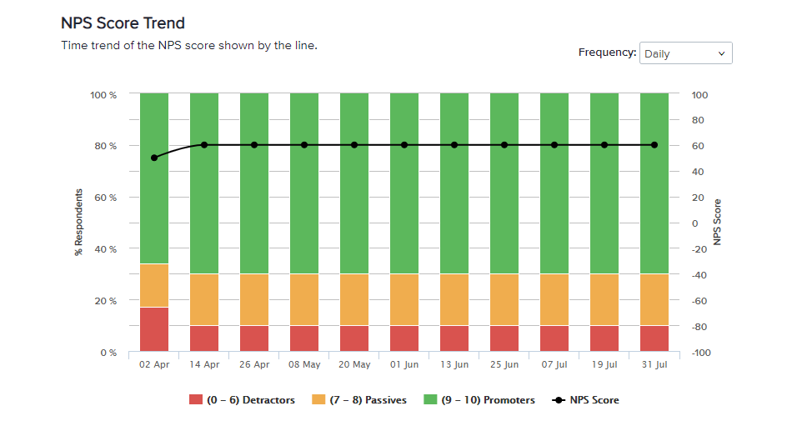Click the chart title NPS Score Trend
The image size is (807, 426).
pos(123,23)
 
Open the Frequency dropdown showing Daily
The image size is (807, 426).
pos(685,53)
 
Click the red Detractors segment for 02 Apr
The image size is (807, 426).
pos(154,329)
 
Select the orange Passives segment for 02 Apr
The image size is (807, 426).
pos(154,285)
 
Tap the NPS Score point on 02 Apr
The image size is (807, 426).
pos(154,158)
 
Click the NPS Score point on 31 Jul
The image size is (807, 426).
pos(654,145)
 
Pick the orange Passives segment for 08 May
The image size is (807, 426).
pos(304,299)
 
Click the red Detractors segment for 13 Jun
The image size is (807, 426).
pos(454,338)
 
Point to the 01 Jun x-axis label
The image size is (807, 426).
pos(404,364)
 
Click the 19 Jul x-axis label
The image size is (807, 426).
pos(604,364)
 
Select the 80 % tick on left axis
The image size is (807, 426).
pos(103,146)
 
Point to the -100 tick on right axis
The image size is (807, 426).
pos(699,353)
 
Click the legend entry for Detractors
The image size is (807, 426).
pos(243,400)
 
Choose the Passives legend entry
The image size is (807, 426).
pos(359,400)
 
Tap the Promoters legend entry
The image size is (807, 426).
pos(479,400)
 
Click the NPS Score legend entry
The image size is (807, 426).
pos(586,400)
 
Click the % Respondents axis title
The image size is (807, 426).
pos(79,222)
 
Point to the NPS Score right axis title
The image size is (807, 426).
pos(716,222)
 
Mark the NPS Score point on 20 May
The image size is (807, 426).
pos(354,145)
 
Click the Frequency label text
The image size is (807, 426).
pos(607,53)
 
